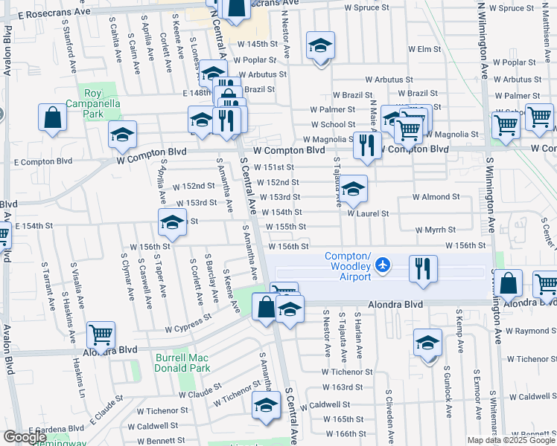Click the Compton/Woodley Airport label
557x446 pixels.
pyautogui.click(x=348, y=267)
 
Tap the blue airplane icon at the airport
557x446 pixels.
pyautogui.click(x=383, y=265)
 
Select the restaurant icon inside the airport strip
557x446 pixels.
pyautogui.click(x=422, y=268)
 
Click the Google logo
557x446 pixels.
pyautogui.click(x=25, y=437)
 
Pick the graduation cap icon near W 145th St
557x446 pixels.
pyautogui.click(x=320, y=48)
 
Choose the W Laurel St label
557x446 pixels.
pyautogui.click(x=368, y=213)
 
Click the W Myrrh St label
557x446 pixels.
pyautogui.click(x=433, y=230)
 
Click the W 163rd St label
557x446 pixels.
pyautogui.click(x=343, y=388)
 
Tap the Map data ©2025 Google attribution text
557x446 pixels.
pyautogui.click(x=510, y=440)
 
